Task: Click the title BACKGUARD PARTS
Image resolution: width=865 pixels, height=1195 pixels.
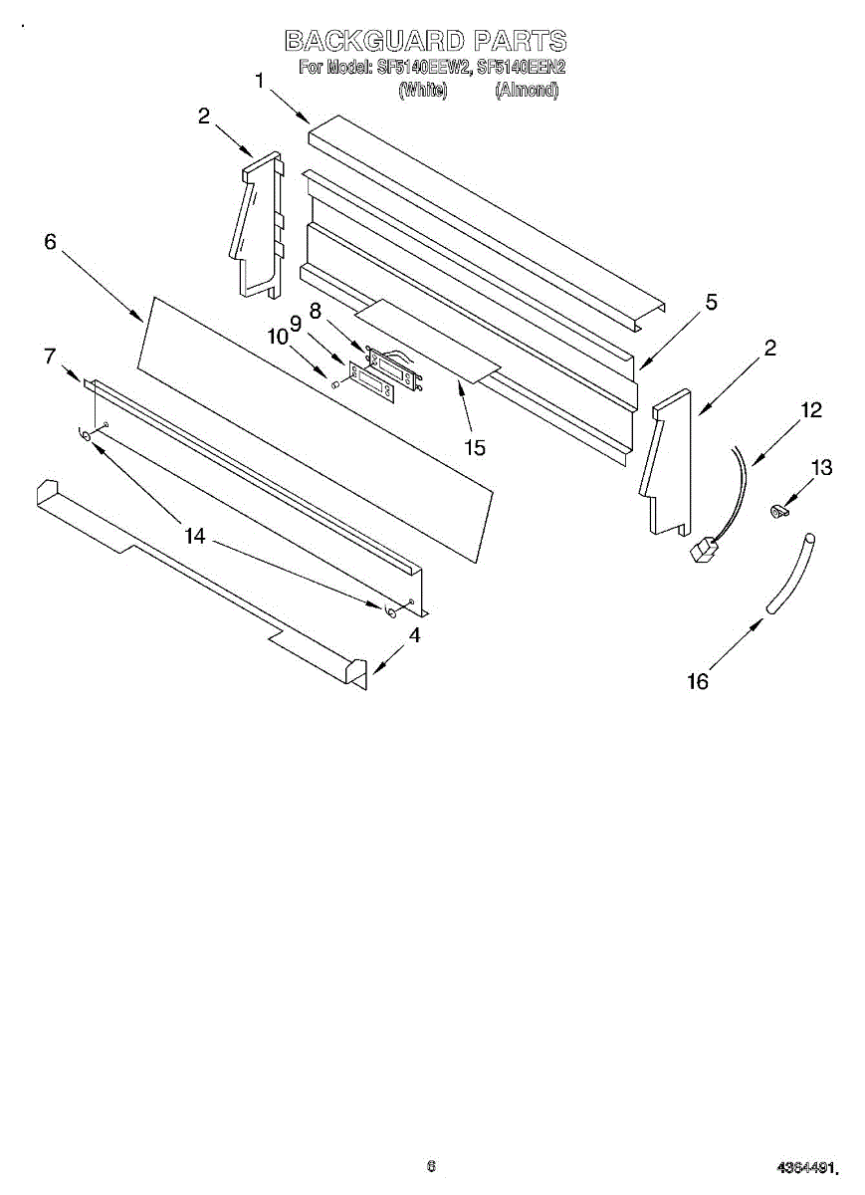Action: point(425,41)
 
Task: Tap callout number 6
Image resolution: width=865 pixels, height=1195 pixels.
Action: point(50,242)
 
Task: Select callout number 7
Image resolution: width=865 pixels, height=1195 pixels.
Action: point(50,356)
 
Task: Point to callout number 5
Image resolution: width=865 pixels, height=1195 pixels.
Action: point(711,303)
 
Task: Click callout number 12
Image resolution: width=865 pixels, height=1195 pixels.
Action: point(811,409)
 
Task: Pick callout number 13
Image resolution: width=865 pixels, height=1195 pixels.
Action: point(821,468)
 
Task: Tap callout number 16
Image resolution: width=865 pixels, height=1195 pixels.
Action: point(698,681)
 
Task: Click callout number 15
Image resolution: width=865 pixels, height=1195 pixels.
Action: point(475,448)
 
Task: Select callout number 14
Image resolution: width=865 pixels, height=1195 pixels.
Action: point(194,536)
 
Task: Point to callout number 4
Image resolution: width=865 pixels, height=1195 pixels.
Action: point(413,634)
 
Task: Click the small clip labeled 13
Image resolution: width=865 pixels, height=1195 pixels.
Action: point(776,512)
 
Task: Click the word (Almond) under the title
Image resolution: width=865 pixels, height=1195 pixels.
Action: point(527,91)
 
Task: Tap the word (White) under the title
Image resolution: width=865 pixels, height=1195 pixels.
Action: point(422,91)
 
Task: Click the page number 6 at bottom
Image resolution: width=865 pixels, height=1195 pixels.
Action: point(431,1166)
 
